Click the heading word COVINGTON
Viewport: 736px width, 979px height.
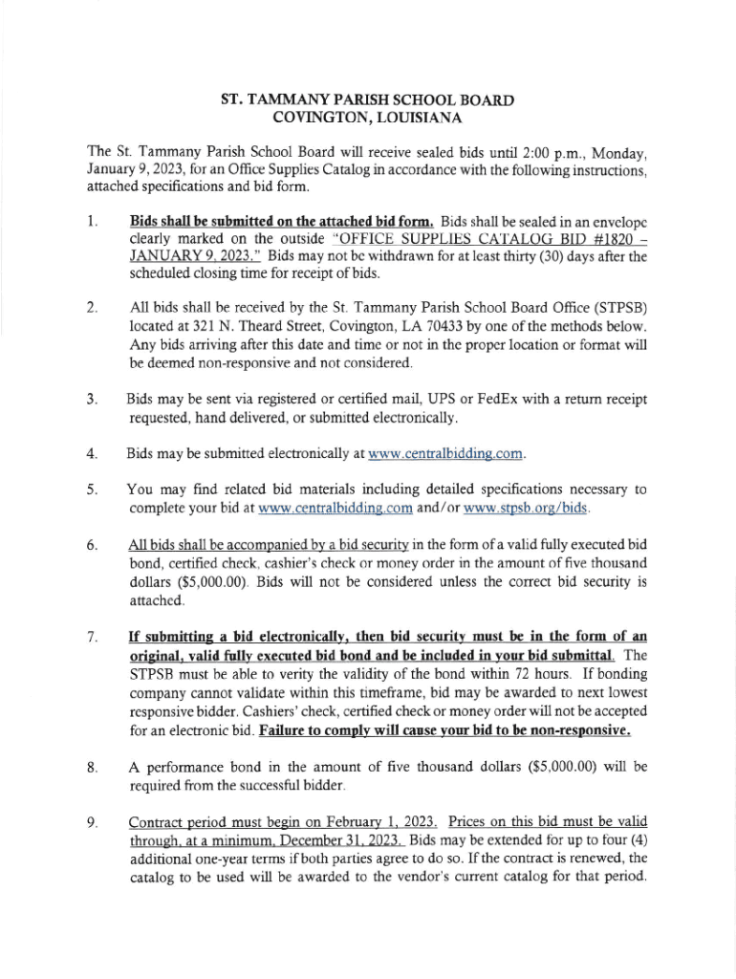(x=327, y=119)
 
